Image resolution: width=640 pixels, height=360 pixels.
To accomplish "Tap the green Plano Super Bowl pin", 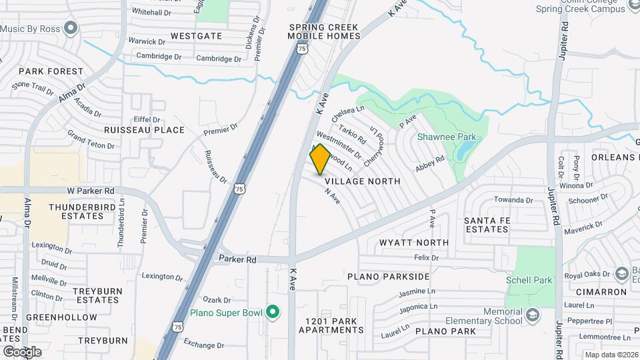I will (272, 312).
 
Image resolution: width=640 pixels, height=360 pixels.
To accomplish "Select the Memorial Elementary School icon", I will (532, 315).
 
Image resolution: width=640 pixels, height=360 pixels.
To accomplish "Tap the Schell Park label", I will (529, 280).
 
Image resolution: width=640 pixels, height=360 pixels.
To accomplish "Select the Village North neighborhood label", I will (363, 181).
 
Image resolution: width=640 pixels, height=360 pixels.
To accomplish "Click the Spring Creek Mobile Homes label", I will (324, 31).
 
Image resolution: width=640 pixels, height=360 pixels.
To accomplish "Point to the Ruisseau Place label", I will (144, 130).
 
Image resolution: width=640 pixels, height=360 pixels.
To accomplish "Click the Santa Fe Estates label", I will (477, 225).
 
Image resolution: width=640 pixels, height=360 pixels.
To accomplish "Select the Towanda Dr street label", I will (513, 199).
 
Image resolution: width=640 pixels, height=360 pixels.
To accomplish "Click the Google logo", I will (23, 351).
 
